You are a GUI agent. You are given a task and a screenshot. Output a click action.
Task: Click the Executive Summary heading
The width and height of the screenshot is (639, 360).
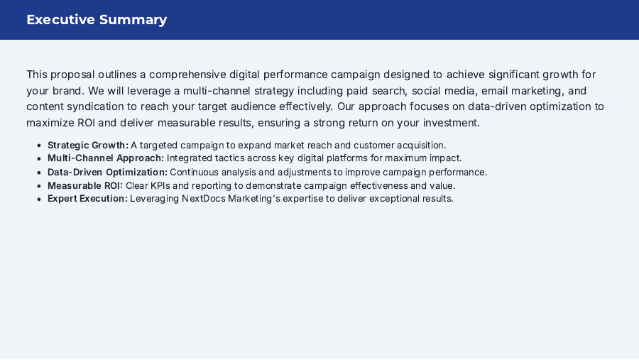point(97,20)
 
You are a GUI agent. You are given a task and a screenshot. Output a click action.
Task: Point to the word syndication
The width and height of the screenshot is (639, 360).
point(100,107)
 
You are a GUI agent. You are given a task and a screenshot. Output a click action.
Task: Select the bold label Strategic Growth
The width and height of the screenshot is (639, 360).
point(88,146)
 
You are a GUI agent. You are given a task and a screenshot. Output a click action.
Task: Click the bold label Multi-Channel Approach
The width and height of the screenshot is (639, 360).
point(106,158)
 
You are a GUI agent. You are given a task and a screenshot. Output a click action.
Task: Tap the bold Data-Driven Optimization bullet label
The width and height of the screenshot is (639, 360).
point(107,172)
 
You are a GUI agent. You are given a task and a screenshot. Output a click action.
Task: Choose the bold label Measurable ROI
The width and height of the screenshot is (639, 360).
point(85,185)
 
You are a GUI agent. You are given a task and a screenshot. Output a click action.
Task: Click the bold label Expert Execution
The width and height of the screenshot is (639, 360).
point(87,199)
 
